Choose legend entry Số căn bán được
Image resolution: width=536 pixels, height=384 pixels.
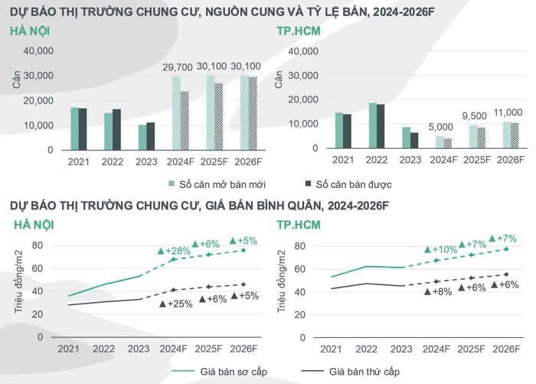click(348, 184)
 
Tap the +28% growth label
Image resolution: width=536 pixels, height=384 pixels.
click(178, 251)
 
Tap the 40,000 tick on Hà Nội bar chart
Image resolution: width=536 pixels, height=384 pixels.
click(38, 51)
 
